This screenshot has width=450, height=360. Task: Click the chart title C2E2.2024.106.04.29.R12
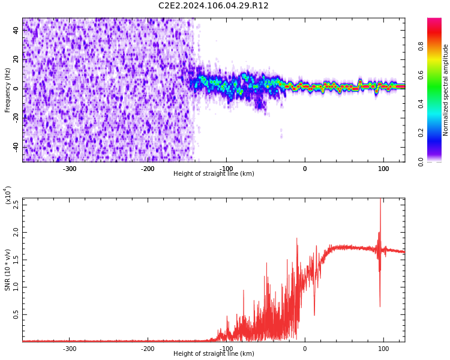coord(214,6)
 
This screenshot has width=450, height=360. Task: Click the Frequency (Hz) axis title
coord(8,90)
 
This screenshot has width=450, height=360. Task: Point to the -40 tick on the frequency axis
coord(16,147)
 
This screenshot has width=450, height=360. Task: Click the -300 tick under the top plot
coord(70,169)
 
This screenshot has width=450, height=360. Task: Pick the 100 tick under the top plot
coord(383,169)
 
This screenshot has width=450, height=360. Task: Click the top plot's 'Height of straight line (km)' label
coord(214,174)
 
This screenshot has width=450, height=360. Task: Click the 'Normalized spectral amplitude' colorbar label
coord(446,90)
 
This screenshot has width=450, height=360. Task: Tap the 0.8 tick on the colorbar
coord(421,46)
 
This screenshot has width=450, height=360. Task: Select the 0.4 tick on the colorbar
coord(421,104)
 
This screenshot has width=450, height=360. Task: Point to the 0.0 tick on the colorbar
coord(421,161)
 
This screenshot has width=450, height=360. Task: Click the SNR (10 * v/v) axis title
coord(8,270)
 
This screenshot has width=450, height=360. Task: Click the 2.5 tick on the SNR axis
coord(16,204)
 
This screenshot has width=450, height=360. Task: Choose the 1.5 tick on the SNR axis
coord(16,259)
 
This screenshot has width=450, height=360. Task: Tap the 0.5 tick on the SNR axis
coord(16,314)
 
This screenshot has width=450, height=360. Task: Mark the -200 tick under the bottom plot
coord(148,349)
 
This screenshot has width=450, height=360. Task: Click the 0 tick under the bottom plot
coord(304,349)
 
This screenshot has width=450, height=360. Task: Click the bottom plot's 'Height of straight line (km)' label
coord(214,354)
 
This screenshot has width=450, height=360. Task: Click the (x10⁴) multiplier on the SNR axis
coord(8,195)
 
